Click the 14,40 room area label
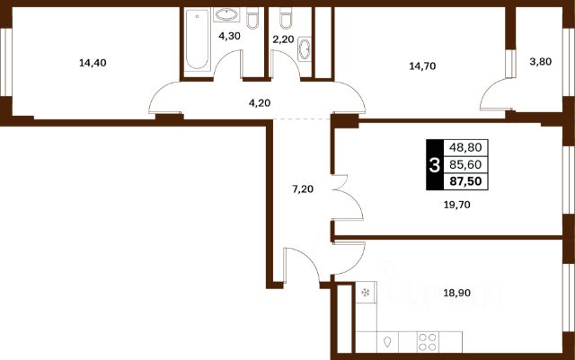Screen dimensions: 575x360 [x=93, y=63]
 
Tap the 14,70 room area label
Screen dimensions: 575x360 [x=422, y=66]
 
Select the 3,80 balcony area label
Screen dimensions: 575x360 [x=541, y=62]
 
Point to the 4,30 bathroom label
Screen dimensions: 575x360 [x=230, y=36]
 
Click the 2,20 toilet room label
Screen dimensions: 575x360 [x=283, y=40]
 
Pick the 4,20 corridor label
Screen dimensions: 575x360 [x=260, y=103]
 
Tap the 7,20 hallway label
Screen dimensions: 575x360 [x=303, y=189]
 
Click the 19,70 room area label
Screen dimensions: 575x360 [x=457, y=205]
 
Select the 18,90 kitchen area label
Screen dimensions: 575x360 [x=457, y=293]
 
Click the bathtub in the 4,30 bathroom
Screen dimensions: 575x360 [x=197, y=40]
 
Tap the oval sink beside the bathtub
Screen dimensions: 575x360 [x=226, y=14]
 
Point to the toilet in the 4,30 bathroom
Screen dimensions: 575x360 [x=252, y=19]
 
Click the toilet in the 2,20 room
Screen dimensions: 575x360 [x=286, y=19]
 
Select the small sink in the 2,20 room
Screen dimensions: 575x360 [x=305, y=48]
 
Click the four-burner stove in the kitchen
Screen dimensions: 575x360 [x=428, y=342]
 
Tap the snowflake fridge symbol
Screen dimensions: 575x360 [x=366, y=292]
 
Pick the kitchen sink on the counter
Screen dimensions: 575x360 [x=387, y=342]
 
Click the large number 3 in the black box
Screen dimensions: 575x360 [x=435, y=165]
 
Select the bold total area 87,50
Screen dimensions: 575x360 [x=465, y=181]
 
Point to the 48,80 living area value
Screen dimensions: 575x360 [x=465, y=147]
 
